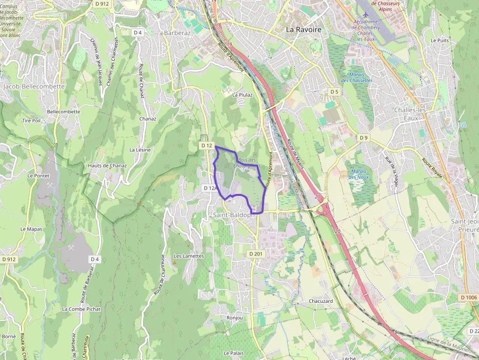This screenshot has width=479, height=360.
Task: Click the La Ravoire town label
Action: click(x=304, y=30)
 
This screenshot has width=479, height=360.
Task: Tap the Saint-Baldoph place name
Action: click(x=232, y=215)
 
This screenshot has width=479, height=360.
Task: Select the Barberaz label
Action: click(x=177, y=33)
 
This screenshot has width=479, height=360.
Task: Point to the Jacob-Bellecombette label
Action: click(x=34, y=86)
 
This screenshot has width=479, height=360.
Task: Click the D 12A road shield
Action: click(x=209, y=188)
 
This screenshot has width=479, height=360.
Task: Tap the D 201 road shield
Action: click(x=256, y=254)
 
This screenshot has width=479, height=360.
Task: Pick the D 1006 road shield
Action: click(x=468, y=297)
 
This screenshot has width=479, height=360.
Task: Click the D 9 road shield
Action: click(x=363, y=138)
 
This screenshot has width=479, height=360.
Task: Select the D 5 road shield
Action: click(x=334, y=92)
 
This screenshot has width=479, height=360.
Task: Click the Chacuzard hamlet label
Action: click(x=321, y=301)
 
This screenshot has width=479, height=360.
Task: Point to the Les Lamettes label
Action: click(x=189, y=256)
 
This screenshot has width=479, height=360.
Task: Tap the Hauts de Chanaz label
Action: click(x=108, y=166)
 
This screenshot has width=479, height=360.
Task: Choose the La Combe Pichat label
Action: click(x=81, y=309)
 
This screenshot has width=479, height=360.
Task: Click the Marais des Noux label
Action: click(x=359, y=174)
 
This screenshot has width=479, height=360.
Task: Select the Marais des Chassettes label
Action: click(x=356, y=77)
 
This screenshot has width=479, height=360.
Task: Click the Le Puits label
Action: click(x=439, y=41)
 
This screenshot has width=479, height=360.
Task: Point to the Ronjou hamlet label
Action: click(x=235, y=318)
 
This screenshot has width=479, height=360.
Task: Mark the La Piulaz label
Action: click(x=242, y=95)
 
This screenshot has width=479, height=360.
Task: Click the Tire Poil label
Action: click(x=31, y=120)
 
